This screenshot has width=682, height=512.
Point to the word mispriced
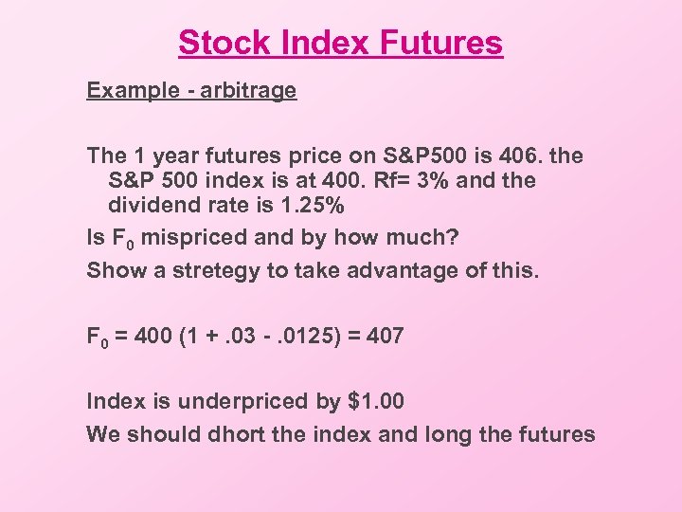[x=186, y=238]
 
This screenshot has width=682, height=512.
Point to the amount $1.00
[x=376, y=402]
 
